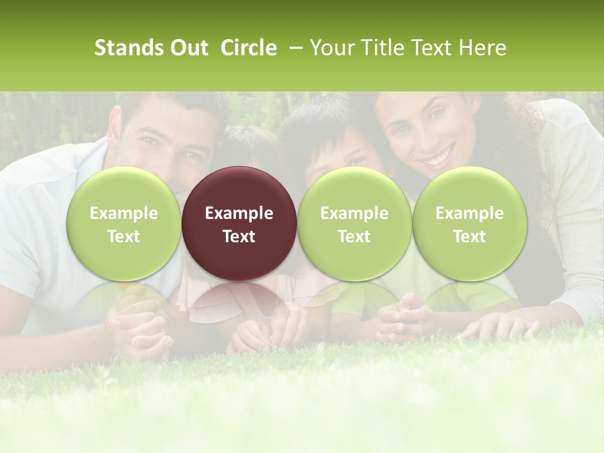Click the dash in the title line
294,48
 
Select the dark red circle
239,223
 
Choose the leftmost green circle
123,223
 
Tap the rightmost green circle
469,223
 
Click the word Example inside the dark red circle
239,213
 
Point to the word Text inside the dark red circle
239,237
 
